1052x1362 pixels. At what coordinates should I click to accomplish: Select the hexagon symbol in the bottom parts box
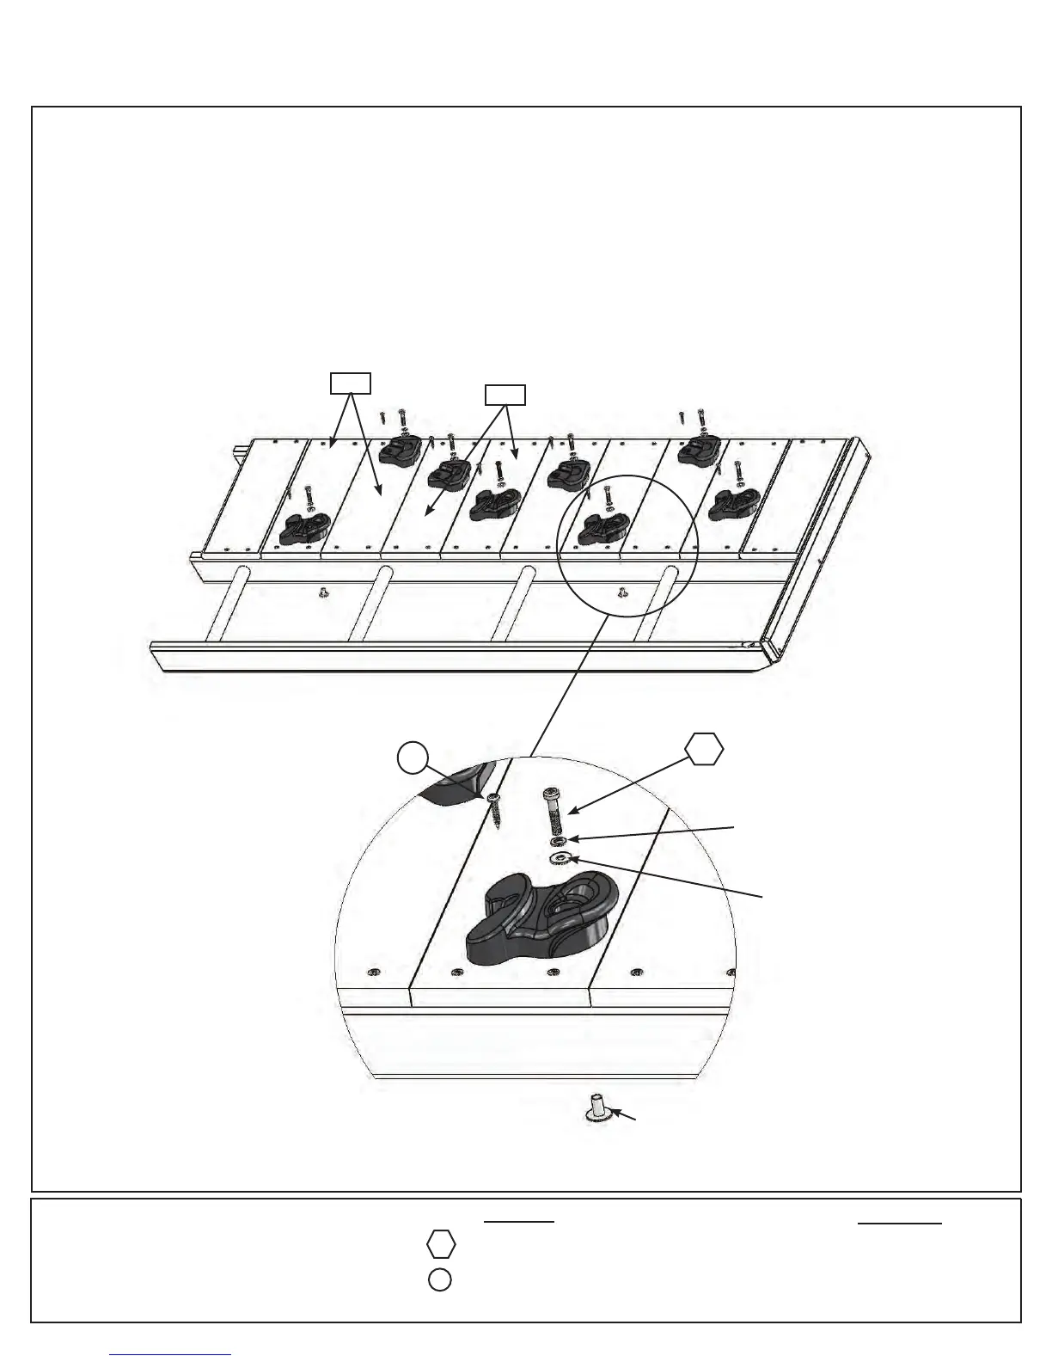(440, 1244)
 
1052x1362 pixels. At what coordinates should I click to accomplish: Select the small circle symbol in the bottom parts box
(439, 1279)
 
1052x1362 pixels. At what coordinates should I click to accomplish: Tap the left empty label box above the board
(352, 383)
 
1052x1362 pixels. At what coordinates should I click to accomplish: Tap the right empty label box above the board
(505, 395)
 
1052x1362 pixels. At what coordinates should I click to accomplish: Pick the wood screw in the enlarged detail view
(496, 809)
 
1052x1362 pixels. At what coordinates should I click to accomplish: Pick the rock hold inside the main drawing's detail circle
(598, 529)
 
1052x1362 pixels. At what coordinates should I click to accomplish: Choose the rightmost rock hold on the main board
(731, 506)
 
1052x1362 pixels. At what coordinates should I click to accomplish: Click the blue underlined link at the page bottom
(171, 1354)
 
